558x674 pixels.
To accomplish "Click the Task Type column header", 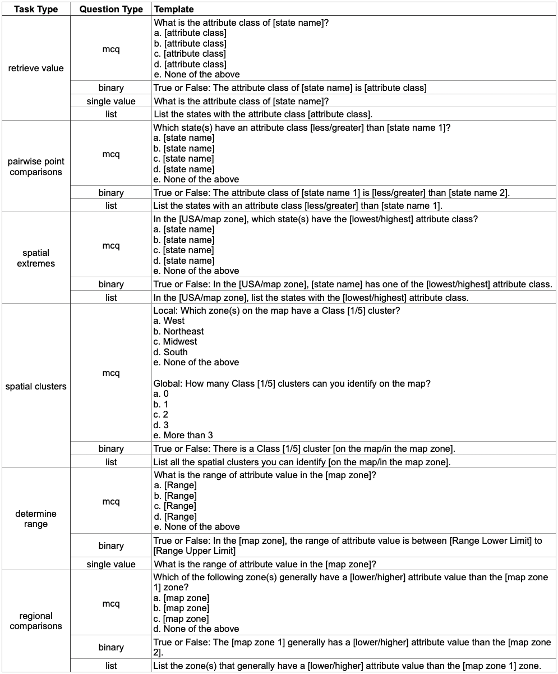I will pos(36,10).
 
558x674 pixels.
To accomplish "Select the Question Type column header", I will pos(111,10).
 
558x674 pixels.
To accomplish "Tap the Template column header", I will pos(174,10).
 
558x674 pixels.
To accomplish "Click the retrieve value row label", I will pos(36,68).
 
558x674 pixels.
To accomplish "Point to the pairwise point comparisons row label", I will pos(36,167).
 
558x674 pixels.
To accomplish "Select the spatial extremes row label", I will pos(36,258).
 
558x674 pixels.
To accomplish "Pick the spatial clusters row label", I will pos(36,386).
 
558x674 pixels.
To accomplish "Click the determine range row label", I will pos(36,519).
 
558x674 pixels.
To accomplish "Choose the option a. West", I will pos(174,321).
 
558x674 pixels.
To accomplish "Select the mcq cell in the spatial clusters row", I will pos(111,373).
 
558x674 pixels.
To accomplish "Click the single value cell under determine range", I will pos(111,564).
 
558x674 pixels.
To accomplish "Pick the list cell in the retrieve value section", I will pos(111,114).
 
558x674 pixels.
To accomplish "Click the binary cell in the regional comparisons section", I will pos(111,647).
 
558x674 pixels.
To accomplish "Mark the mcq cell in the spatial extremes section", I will pos(111,246).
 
